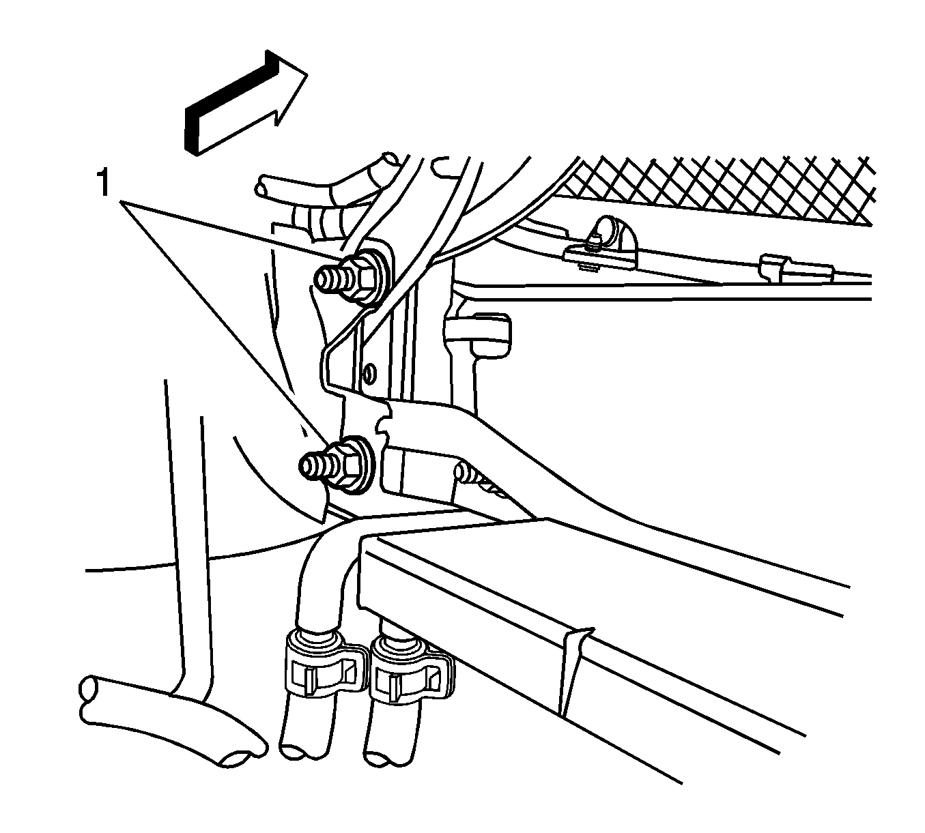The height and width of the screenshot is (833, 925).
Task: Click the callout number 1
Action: point(102,184)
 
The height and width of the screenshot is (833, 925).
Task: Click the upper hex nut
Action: point(367,278)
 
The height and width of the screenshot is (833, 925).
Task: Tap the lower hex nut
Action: point(352,465)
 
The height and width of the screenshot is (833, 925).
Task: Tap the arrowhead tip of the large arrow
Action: point(307,74)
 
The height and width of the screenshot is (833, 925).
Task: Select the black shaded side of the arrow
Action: point(231,99)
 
